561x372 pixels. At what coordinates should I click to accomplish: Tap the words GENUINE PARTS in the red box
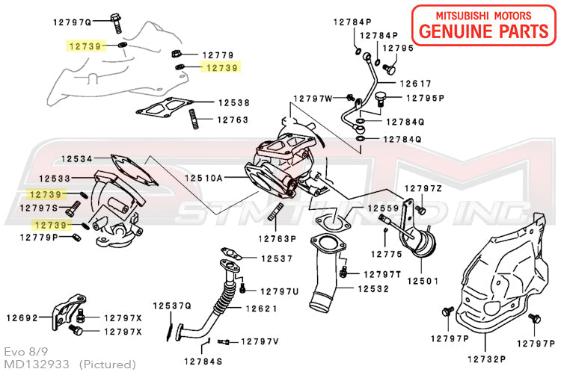(484, 31)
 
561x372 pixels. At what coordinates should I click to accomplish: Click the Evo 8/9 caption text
(22, 350)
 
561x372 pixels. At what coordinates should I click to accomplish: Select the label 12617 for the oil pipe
(416, 84)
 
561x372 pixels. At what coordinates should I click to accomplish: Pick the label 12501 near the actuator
(421, 280)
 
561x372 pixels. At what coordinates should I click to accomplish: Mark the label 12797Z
(424, 188)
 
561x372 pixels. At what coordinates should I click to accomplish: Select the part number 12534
(77, 159)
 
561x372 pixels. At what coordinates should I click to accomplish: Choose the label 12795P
(425, 98)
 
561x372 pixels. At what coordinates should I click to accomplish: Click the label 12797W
(313, 98)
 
